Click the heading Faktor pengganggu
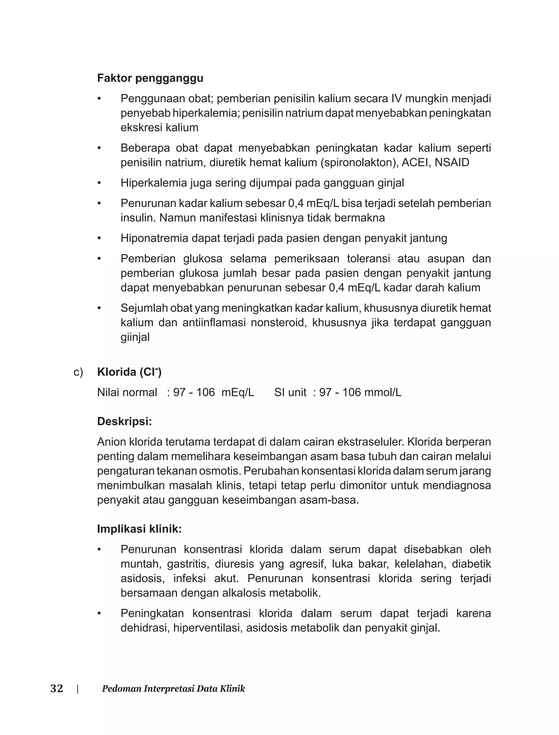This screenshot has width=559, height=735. [x=150, y=78]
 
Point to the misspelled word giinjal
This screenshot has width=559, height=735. [x=135, y=337]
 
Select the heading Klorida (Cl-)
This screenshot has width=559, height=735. [x=129, y=372]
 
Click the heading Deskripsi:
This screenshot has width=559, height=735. [x=124, y=422]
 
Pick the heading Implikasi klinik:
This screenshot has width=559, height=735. [x=139, y=529]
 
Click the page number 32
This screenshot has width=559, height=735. [x=57, y=688]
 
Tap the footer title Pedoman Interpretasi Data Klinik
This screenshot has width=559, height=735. [x=173, y=688]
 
